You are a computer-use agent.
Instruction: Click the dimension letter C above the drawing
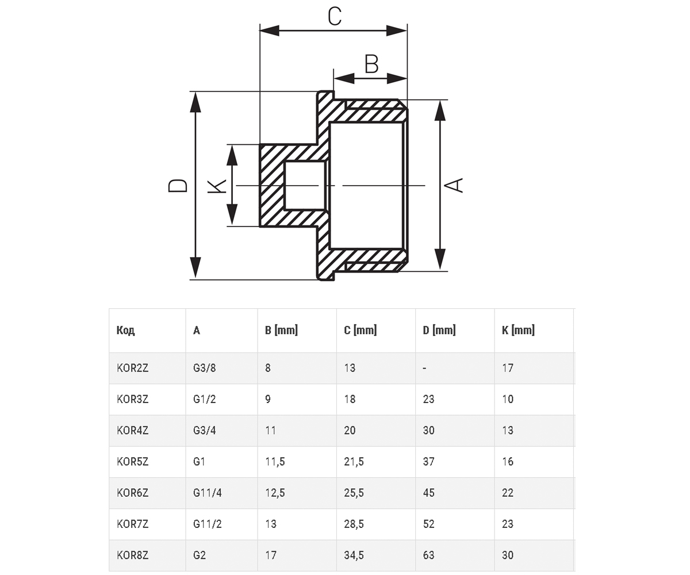(x=335, y=17)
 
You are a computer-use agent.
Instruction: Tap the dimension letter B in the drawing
(x=371, y=64)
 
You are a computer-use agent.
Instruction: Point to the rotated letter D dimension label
(x=178, y=185)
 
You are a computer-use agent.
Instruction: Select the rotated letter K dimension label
(x=217, y=186)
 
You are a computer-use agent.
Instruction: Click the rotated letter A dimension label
(x=454, y=185)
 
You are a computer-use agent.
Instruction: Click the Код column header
(x=125, y=330)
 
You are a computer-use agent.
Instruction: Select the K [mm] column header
(x=518, y=330)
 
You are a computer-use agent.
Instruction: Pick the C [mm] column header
(x=360, y=330)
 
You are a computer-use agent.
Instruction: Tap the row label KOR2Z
(x=132, y=368)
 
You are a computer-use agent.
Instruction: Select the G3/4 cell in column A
(x=205, y=430)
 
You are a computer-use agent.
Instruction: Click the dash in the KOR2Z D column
(x=425, y=369)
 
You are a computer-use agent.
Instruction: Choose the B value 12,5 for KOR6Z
(x=275, y=493)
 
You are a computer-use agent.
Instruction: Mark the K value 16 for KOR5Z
(x=508, y=461)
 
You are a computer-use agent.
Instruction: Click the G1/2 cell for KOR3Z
(x=205, y=399)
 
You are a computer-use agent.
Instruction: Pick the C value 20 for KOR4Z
(x=350, y=430)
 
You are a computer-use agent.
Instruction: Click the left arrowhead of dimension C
(x=270, y=30)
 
